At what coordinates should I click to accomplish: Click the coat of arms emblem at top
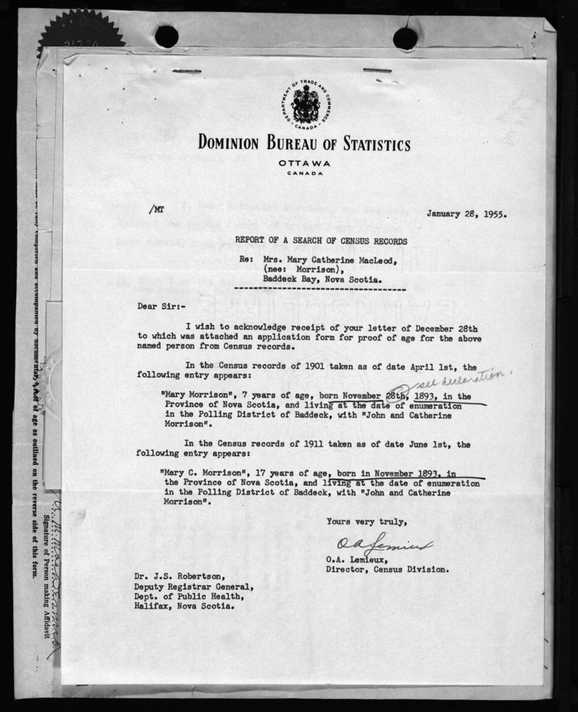[306, 106]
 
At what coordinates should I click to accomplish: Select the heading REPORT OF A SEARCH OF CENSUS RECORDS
[322, 241]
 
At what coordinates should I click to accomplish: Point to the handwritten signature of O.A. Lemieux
[373, 546]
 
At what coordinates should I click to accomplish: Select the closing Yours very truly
[366, 522]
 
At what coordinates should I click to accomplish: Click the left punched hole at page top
[166, 36]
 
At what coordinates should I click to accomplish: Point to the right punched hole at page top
[405, 38]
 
